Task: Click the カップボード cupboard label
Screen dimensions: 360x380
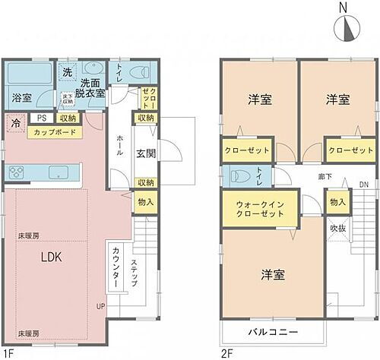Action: click(54, 132)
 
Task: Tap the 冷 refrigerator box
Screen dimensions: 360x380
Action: click(15, 122)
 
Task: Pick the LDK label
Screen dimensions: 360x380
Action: click(50, 257)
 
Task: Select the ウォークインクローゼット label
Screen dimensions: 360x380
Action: click(255, 209)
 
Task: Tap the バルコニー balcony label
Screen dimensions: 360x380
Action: click(271, 333)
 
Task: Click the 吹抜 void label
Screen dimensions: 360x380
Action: click(337, 227)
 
